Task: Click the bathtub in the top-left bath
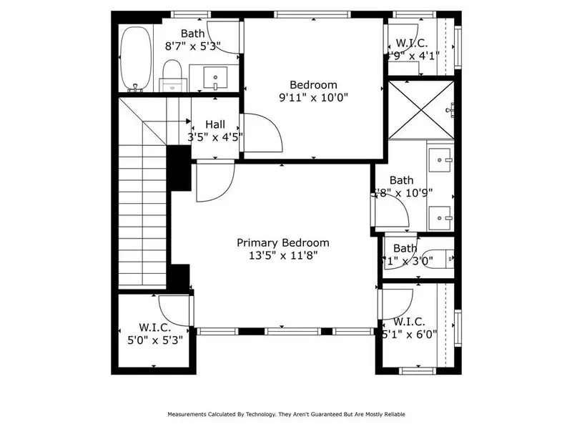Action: coord(135,59)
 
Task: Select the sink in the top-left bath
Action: coord(215,76)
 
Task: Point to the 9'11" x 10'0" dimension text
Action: coord(312,97)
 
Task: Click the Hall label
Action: coord(214,124)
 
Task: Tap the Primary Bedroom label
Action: coord(283,242)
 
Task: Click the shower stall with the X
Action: coord(420,109)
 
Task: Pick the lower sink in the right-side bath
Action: coord(441,213)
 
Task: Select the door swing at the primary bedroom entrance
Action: coord(214,181)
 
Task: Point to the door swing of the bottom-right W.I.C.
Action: coord(397,302)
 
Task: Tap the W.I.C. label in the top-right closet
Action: coord(411,43)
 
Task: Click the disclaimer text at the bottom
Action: coord(286,414)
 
